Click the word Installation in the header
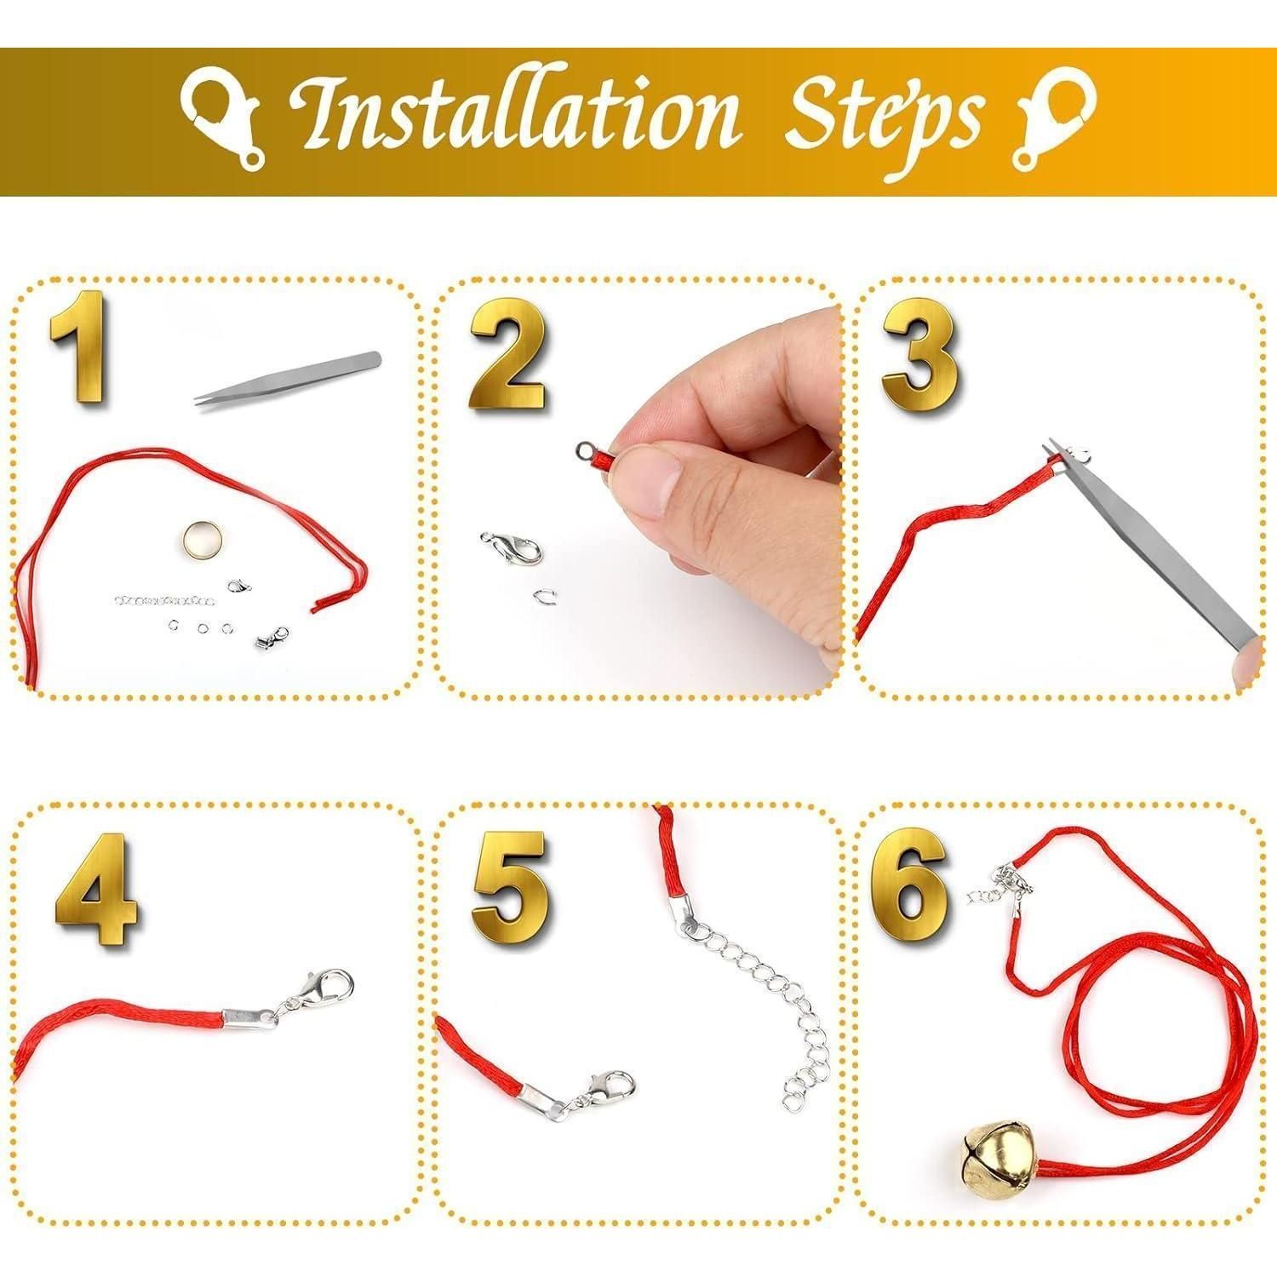coord(511,115)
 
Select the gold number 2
coord(506,354)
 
